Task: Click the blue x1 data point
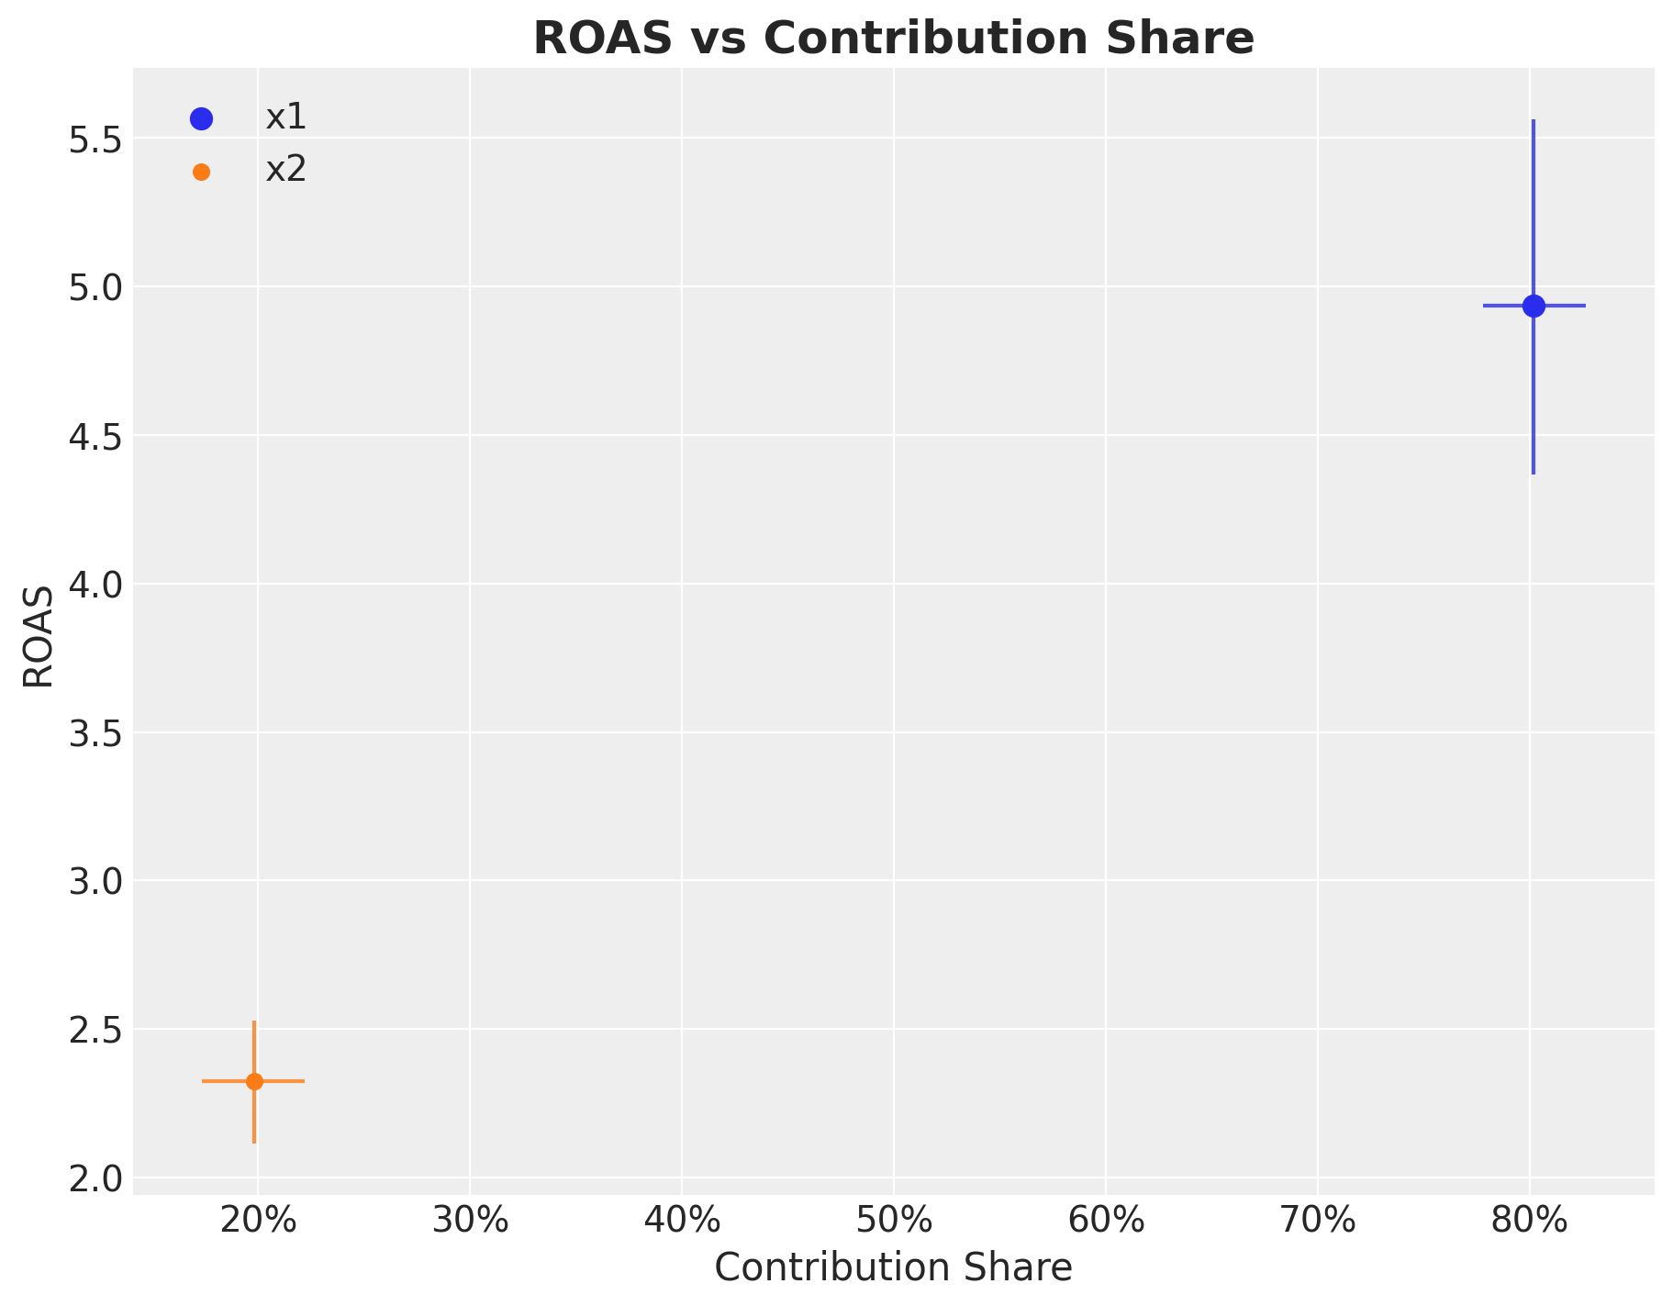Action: tap(1534, 306)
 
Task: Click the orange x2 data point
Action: tap(254, 1081)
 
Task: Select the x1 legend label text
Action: tap(285, 117)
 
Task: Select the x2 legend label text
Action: tap(285, 170)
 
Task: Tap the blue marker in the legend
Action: tap(201, 118)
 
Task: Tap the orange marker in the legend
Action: tap(201, 172)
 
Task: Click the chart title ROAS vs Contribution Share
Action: tap(893, 39)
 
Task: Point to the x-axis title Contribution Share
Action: tap(893, 1267)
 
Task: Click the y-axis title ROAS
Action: tap(39, 634)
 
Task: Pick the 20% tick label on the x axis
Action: tap(258, 1221)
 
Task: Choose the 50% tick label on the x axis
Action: tap(893, 1221)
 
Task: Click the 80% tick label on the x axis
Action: tap(1529, 1221)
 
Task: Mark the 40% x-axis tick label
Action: tap(682, 1221)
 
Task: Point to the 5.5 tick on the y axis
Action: tap(95, 140)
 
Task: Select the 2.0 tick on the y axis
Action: tap(95, 1178)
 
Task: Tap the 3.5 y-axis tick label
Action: tap(95, 733)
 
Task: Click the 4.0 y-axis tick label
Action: tap(95, 585)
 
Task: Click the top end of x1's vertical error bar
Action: tap(1534, 121)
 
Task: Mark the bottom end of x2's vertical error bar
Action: tap(254, 1142)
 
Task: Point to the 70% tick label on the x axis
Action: tap(1317, 1221)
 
